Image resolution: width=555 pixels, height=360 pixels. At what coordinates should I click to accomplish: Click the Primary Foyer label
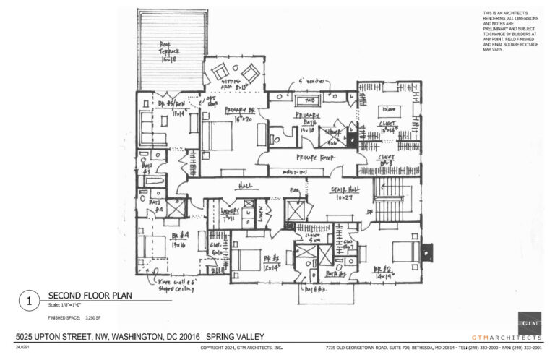point(312,156)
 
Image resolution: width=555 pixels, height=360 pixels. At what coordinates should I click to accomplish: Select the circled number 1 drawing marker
point(27,299)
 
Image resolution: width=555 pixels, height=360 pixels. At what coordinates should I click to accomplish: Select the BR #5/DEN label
point(168,107)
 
